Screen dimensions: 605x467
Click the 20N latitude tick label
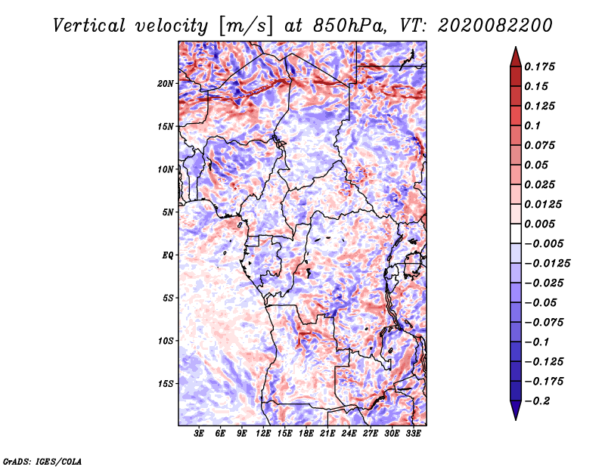point(166,84)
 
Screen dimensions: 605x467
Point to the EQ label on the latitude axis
point(168,255)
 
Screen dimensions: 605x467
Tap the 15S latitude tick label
point(166,384)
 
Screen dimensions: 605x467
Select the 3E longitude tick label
point(199,434)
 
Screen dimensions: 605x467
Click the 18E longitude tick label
point(306,434)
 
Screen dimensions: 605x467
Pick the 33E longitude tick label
point(413,434)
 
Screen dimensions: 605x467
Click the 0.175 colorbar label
point(539,66)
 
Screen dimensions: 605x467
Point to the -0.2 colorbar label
point(537,401)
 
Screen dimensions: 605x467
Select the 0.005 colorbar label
point(539,224)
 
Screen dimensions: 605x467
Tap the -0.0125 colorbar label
point(547,264)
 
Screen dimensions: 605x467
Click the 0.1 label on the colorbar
point(532,125)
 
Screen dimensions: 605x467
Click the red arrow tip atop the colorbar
point(516,47)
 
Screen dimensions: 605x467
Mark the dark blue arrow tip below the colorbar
point(516,419)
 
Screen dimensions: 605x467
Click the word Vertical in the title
point(89,26)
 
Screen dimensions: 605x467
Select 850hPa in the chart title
point(349,26)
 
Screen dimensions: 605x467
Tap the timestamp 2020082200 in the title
point(495,26)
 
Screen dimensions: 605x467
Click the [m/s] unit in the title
point(245,26)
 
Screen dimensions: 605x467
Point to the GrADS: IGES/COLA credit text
point(42,461)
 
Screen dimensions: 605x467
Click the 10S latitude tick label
point(166,341)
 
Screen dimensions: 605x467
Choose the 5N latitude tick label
point(168,212)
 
